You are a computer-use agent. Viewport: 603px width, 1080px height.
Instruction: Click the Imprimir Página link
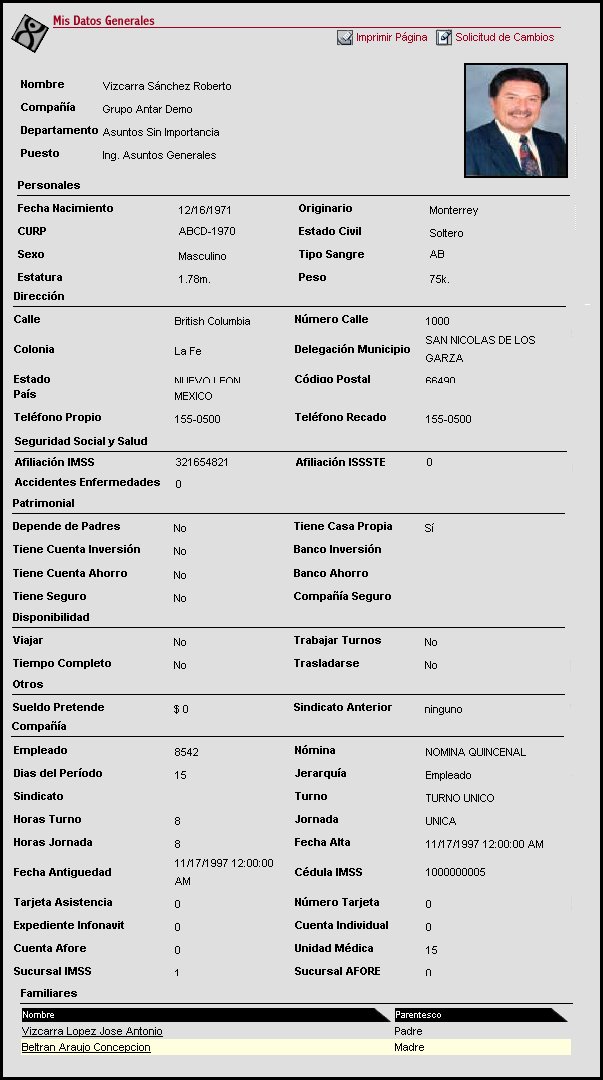[390, 38]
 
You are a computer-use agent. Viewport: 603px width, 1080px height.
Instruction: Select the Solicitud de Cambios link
[504, 38]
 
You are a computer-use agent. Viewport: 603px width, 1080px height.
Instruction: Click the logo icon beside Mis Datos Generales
[29, 33]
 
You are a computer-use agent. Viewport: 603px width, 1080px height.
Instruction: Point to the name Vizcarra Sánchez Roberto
[167, 86]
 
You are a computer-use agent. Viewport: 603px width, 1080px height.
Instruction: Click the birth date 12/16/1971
[204, 210]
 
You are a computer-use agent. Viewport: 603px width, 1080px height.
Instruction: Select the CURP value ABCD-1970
[206, 233]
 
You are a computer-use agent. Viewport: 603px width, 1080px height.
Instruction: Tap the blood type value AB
[437, 255]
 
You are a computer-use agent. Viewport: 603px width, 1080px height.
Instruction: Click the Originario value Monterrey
[453, 211]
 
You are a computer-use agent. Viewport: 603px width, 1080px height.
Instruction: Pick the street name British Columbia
[212, 322]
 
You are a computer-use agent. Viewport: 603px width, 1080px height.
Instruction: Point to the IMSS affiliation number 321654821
[201, 463]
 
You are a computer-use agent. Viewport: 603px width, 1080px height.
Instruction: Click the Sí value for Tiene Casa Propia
[429, 528]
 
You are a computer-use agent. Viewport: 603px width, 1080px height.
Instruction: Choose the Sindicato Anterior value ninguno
[443, 709]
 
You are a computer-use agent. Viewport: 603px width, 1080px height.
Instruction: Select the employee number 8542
[187, 752]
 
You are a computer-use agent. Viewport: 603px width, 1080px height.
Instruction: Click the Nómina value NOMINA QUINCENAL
[475, 752]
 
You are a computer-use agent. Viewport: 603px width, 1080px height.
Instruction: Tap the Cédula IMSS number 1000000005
[455, 873]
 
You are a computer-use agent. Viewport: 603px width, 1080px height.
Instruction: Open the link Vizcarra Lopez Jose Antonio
[92, 1031]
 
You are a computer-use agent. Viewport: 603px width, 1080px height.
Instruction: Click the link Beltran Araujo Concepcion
[86, 1048]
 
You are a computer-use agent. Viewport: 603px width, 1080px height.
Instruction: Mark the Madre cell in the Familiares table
[409, 1048]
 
